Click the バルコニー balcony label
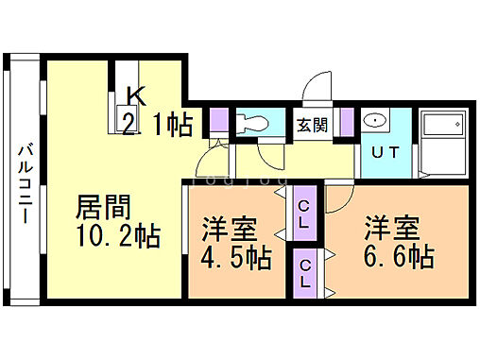click(x=26, y=182)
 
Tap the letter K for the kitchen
click(x=135, y=95)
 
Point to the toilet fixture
click(x=250, y=124)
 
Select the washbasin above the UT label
click(x=375, y=122)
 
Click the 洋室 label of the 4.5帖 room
click(x=230, y=228)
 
